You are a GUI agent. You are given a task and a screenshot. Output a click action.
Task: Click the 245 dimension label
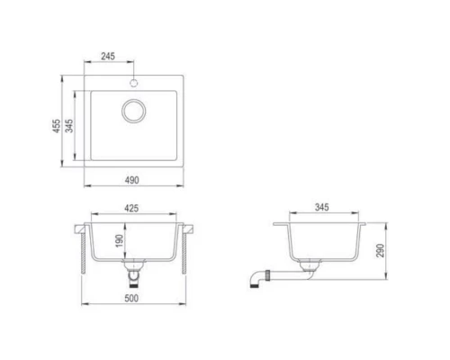tap(108, 56)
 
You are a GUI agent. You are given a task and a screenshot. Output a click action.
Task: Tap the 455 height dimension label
tap(57, 126)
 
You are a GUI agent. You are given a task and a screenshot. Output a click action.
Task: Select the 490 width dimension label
tap(132, 180)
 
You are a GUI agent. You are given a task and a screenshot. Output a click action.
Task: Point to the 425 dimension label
tap(131, 208)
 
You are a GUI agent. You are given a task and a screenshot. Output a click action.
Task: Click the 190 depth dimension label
tap(119, 241)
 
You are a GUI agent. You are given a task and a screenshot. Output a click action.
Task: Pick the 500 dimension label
tap(131, 298)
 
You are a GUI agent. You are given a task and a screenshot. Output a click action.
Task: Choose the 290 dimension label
tap(380, 250)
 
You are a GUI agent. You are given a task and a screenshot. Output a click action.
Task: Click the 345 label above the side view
tap(322, 207)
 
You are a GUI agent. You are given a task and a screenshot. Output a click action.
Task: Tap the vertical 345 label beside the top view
tap(69, 126)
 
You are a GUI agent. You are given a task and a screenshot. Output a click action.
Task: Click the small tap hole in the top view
tap(134, 82)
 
